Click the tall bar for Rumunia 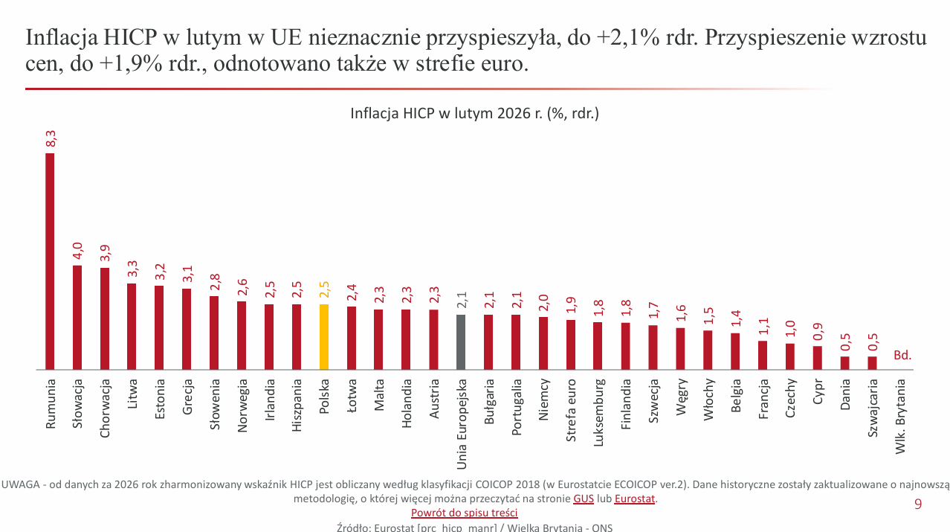tap(50, 260)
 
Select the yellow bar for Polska tap(323, 336)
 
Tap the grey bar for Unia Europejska tap(461, 342)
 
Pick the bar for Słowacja tap(77, 317)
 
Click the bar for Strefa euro tap(571, 344)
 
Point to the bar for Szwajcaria tap(872, 362)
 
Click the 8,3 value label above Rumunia tap(51, 138)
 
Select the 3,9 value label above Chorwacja tap(105, 253)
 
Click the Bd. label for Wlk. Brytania tap(902, 356)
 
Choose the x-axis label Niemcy tap(543, 400)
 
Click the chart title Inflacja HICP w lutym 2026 tap(474, 114)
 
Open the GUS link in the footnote tap(583, 499)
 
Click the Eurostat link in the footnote tap(634, 499)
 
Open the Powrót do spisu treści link tap(464, 513)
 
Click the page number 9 tap(917, 504)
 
